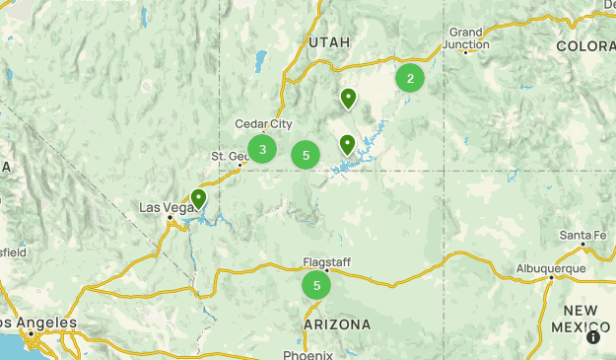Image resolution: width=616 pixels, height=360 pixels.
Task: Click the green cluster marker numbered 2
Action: [x=410, y=78]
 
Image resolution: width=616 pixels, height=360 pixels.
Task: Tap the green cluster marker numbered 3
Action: [x=262, y=150]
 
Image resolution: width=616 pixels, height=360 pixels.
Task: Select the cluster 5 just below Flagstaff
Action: [x=316, y=286]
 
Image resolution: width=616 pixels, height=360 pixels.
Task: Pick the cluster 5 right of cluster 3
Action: [x=307, y=155]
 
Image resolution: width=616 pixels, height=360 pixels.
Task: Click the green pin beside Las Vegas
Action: [x=198, y=199]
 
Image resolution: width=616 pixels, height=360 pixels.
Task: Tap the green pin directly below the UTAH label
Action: [x=348, y=98]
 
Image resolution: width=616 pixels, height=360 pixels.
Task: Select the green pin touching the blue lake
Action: [x=347, y=145]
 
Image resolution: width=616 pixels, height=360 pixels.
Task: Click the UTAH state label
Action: [x=328, y=42]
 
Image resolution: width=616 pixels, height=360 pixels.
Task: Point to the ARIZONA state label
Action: [x=337, y=324]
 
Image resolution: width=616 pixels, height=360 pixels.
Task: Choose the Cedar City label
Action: [x=263, y=124]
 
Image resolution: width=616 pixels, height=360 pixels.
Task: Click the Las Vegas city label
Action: [x=164, y=207]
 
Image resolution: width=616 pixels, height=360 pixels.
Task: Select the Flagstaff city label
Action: [x=327, y=262]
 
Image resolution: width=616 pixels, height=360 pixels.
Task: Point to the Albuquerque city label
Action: [x=551, y=267]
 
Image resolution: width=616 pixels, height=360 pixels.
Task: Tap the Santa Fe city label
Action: [x=582, y=235]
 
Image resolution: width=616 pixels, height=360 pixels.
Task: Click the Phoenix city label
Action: [x=308, y=354]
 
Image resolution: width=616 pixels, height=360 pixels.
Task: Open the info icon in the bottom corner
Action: [x=593, y=337]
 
